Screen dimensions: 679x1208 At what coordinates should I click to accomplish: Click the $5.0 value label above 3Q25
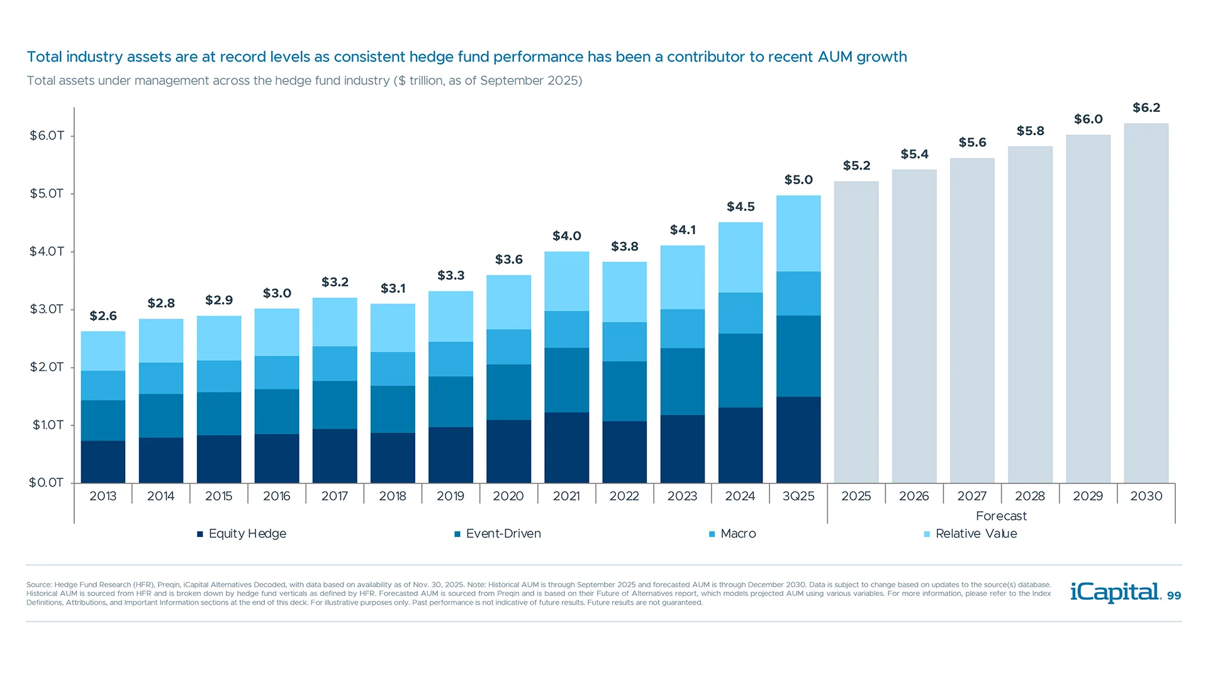pos(798,180)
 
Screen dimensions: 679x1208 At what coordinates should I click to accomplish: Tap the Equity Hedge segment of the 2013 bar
pos(103,461)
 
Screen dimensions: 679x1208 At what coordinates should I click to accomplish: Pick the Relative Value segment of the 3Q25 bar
pos(798,233)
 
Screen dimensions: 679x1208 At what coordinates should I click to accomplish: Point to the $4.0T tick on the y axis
pos(47,251)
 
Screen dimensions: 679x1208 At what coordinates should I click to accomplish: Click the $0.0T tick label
pos(47,483)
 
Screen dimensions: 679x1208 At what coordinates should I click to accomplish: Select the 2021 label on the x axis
pos(566,496)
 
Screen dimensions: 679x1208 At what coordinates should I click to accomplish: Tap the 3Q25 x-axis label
pos(798,496)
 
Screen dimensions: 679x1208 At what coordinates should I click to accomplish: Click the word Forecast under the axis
pos(1001,516)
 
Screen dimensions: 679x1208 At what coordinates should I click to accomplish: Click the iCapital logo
pos(1115,592)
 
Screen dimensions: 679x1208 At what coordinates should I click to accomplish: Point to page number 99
pos(1174,596)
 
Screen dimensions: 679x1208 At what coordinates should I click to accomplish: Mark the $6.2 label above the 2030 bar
pos(1146,108)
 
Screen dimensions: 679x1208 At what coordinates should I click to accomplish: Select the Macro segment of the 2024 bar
pos(741,313)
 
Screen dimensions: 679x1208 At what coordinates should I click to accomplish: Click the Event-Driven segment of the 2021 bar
pos(566,380)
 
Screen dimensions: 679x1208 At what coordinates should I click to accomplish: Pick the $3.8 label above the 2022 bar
pos(625,246)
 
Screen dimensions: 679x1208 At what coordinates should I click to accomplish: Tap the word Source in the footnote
pos(38,585)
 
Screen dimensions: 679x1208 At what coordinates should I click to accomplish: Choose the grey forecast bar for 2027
pos(972,321)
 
